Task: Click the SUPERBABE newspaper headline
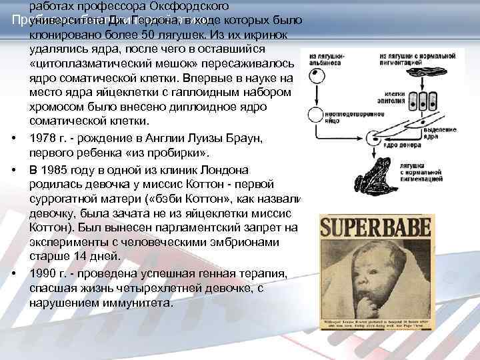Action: (377, 231)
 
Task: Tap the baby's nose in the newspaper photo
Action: (363, 286)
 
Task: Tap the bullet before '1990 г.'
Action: (14, 274)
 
